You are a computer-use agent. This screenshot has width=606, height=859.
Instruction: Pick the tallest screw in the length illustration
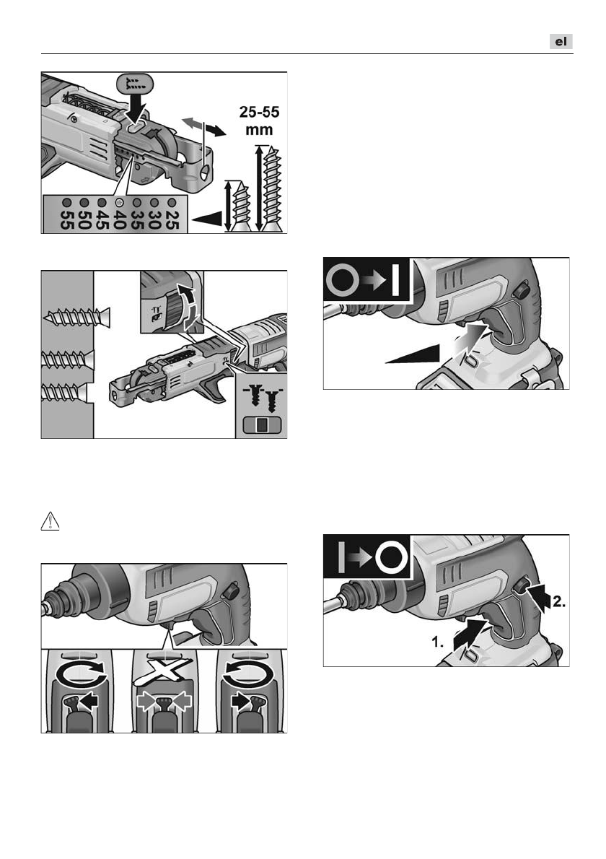tap(272, 188)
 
